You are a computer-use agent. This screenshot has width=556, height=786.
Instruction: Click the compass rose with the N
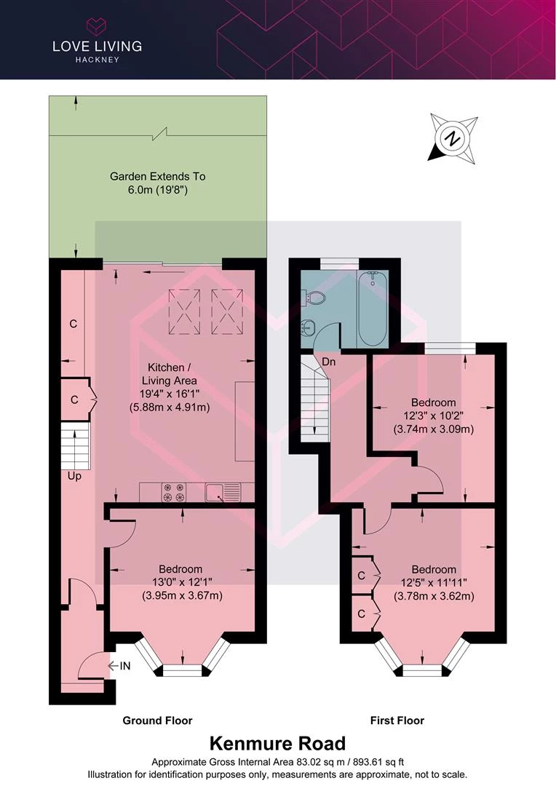tap(452, 138)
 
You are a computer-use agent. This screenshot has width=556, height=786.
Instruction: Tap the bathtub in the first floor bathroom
tap(373, 309)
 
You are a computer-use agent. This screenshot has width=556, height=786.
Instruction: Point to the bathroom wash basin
tap(308, 329)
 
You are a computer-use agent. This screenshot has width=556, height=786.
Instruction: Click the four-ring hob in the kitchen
tap(174, 492)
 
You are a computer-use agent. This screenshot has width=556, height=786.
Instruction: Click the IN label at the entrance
tap(125, 666)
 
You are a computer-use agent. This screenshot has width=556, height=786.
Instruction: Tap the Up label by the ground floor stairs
tap(74, 476)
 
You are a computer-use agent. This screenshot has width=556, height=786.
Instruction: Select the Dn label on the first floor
tap(329, 362)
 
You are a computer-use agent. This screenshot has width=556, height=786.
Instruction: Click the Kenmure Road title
tap(277, 743)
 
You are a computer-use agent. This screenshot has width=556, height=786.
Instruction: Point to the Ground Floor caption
tap(157, 720)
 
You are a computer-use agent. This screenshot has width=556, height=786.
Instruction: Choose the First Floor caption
tap(397, 720)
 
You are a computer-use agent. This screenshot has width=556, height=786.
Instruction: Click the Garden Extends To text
tap(157, 176)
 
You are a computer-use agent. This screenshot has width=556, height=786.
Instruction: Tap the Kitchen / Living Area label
tap(168, 374)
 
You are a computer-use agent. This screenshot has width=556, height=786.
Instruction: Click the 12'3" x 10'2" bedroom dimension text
tap(433, 416)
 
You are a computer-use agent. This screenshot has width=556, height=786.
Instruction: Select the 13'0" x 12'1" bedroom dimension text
tap(180, 582)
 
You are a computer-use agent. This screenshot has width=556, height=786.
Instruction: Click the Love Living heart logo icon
tap(97, 25)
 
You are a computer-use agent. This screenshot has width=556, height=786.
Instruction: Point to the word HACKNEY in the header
tap(98, 60)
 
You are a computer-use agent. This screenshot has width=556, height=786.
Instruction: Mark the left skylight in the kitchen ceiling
tap(185, 311)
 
